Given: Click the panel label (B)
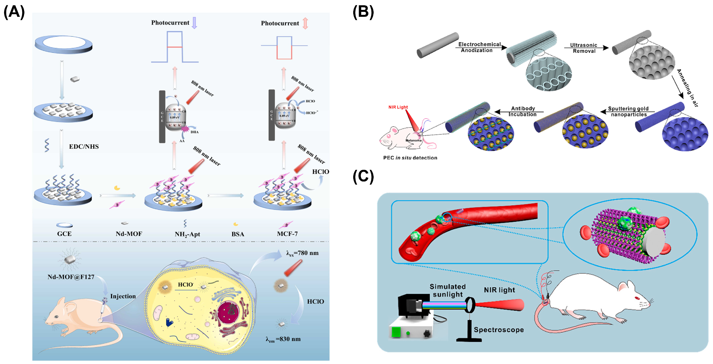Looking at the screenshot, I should (x=363, y=13).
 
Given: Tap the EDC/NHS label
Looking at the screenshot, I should (x=84, y=147).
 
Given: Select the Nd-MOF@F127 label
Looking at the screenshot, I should (x=71, y=277).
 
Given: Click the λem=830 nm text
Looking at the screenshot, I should (x=283, y=339).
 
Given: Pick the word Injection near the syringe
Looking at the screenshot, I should (x=123, y=296).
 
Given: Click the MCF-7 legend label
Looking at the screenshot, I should (x=287, y=234).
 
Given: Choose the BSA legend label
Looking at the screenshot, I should (x=238, y=234).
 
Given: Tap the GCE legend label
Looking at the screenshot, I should (x=64, y=234).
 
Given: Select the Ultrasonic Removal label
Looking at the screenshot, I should (x=584, y=48).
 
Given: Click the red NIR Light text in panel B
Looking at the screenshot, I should (x=398, y=107).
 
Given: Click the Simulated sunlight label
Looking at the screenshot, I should (x=448, y=290).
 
